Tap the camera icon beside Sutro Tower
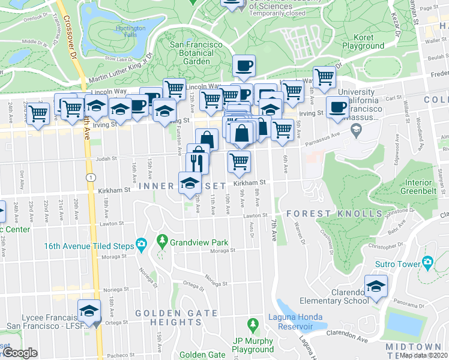pos(427,262)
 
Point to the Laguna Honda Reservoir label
pos(291,322)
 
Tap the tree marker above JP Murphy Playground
pos(253,324)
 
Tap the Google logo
pos(20,353)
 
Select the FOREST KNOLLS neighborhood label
pos(334,214)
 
